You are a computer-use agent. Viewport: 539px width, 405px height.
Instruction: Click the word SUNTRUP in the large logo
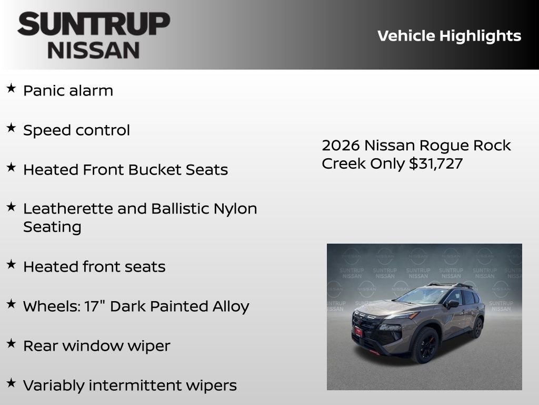pos(94,24)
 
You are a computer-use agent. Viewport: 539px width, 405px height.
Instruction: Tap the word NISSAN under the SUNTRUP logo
pos(94,50)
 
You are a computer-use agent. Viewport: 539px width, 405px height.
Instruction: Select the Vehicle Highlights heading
pos(449,36)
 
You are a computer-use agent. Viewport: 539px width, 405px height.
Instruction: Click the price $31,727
pos(436,163)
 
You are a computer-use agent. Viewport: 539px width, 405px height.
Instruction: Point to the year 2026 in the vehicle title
pos(341,146)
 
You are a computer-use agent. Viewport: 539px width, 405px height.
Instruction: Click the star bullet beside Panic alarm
pos(11,89)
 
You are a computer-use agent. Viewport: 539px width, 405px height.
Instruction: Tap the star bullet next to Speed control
pos(11,128)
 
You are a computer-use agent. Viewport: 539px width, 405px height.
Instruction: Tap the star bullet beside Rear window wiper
pos(11,344)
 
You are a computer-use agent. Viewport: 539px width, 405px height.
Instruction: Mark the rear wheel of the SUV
pos(477,327)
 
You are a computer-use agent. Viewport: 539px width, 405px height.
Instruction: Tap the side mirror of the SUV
pos(452,304)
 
